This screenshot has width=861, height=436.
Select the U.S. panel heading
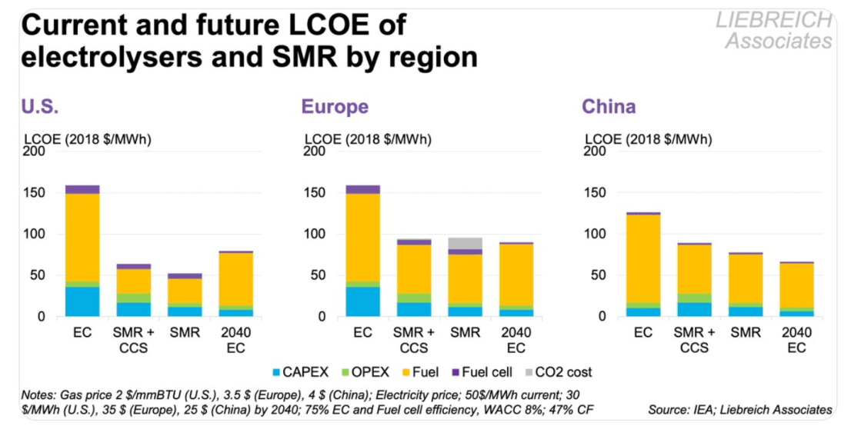tap(40, 106)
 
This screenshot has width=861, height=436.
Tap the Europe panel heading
tap(335, 106)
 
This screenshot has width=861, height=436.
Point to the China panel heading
tap(609, 106)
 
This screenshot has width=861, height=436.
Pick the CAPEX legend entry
tap(303, 373)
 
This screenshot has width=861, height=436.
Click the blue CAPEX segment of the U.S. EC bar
tap(82, 301)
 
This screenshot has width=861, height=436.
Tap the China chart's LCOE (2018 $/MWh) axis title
tap(648, 139)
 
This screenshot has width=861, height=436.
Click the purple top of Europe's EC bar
tap(363, 189)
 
